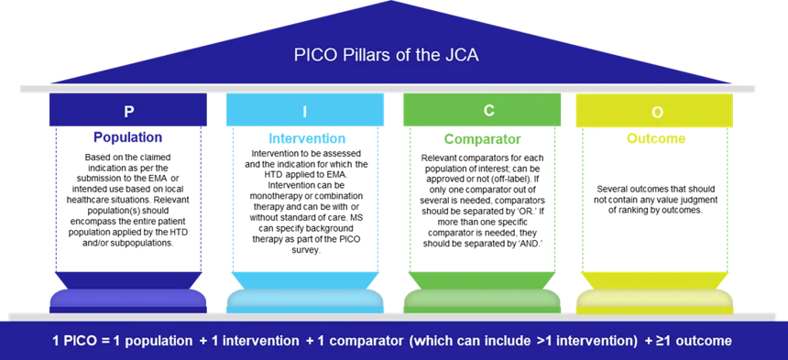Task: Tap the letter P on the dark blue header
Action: coord(129,111)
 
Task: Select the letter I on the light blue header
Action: coord(305,111)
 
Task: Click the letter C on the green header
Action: coord(489,110)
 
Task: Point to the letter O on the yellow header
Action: coord(657,112)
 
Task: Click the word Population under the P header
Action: coord(128,138)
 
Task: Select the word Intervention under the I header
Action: coord(307,139)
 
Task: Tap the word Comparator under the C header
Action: coord(481,140)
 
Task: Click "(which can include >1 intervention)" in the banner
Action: coord(524,342)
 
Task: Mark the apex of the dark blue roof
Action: coord(394,3)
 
